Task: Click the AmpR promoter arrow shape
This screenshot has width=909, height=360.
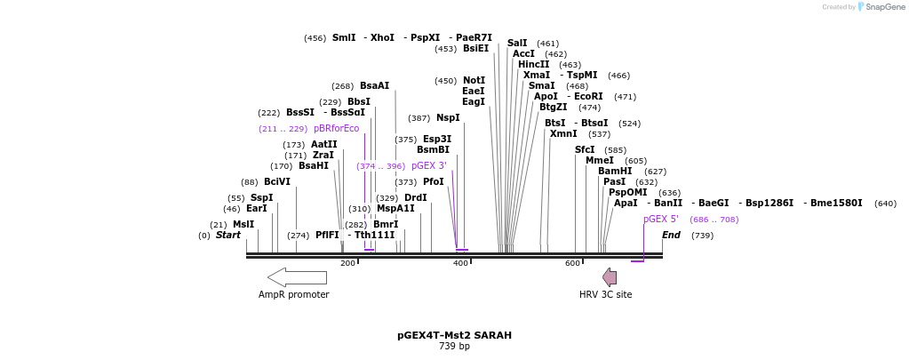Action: tap(297, 277)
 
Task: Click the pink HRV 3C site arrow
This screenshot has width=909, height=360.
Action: tap(610, 277)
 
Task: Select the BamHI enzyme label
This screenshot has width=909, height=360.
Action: tap(615, 172)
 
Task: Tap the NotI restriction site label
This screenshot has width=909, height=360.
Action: tap(474, 81)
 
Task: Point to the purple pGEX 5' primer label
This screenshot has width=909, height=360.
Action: tap(661, 220)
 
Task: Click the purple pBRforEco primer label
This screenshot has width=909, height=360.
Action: tap(336, 129)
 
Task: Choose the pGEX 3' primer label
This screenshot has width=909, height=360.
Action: tap(428, 166)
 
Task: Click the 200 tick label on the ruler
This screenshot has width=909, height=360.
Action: tap(348, 263)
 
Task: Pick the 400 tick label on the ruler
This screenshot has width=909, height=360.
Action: tap(460, 263)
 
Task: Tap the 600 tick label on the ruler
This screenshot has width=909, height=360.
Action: tap(572, 263)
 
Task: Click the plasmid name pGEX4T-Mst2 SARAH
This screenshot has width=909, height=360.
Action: tap(454, 336)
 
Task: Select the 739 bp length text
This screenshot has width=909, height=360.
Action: tap(454, 347)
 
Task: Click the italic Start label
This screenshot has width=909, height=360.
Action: tap(228, 236)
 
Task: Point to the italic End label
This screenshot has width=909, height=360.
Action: tap(671, 236)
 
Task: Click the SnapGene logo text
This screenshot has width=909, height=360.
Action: tap(885, 7)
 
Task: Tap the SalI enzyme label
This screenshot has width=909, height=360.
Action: tap(517, 44)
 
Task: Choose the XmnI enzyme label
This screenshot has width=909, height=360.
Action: tap(563, 134)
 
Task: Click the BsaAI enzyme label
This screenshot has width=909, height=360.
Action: tap(374, 86)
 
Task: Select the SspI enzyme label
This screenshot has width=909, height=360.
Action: tap(261, 198)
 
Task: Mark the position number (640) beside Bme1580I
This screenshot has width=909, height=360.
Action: tap(885, 204)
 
